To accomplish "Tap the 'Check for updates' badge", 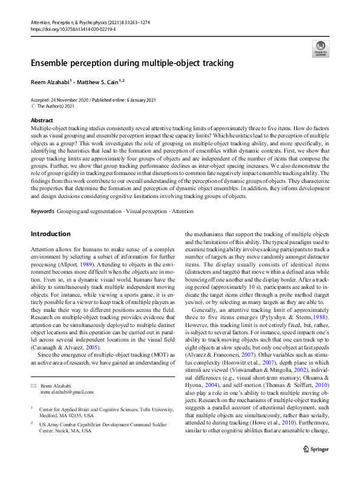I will click(321, 48).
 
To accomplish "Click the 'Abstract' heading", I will click(41, 121).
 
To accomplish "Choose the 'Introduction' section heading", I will click(51, 234).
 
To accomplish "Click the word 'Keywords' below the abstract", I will click(42, 211).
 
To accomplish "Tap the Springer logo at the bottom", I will click(315, 467).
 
